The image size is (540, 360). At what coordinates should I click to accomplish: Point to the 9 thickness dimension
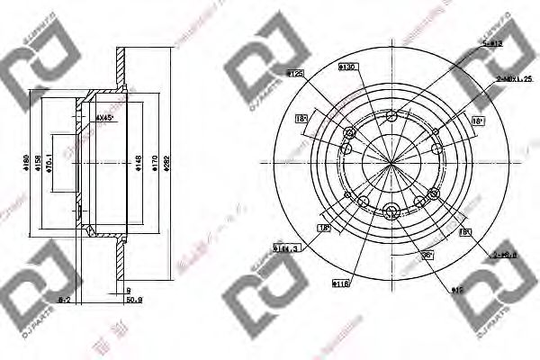129,291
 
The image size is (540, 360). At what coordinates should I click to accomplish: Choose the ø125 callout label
292,71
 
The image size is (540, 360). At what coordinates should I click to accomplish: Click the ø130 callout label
346,66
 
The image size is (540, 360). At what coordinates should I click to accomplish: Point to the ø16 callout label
456,290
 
